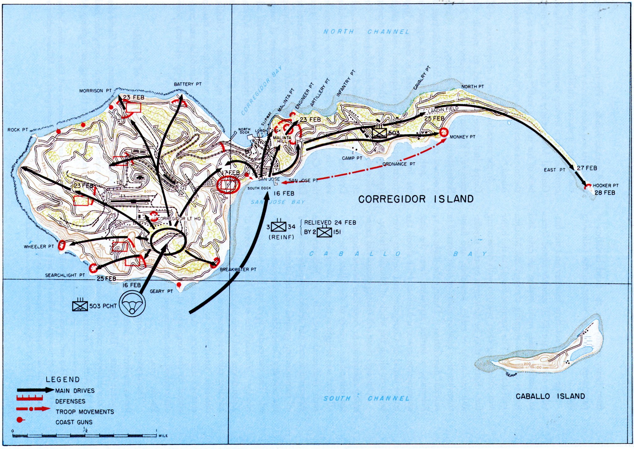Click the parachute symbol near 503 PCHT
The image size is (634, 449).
tap(132, 304)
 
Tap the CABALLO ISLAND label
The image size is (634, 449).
tap(550, 396)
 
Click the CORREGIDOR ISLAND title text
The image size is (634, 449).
tap(416, 199)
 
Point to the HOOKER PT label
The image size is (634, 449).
tap(606, 186)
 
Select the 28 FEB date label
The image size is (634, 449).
tap(605, 193)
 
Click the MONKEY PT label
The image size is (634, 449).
tap(463, 137)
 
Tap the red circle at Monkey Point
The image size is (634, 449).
tap(444, 133)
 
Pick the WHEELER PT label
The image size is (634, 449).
tap(39, 247)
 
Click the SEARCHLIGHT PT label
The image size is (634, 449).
tap(65, 275)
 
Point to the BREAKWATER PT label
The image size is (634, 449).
tap(238, 270)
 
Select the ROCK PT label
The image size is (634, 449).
tap(18, 130)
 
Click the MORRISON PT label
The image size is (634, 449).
tap(95, 91)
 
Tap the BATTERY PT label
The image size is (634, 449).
tap(187, 84)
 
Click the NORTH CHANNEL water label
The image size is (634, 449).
tap(366, 32)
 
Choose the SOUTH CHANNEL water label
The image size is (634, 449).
tap(366, 398)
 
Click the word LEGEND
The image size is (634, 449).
tap(63, 380)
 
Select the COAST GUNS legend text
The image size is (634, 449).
tap(74, 422)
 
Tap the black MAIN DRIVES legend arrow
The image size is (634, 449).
tap(35, 390)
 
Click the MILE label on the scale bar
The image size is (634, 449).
tap(163, 436)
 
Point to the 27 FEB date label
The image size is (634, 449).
tap(587, 168)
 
